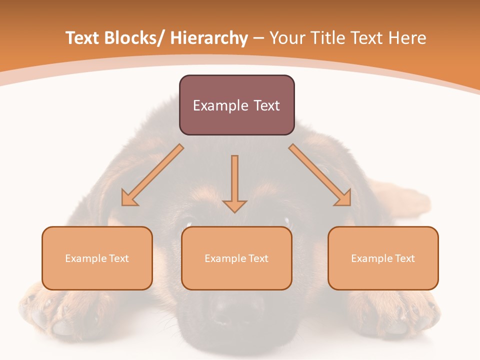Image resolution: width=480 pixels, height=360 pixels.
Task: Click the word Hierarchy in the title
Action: [x=209, y=38]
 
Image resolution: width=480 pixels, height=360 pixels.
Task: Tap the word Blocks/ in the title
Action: [x=132, y=38]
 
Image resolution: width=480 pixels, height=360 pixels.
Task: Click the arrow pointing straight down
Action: [x=234, y=182]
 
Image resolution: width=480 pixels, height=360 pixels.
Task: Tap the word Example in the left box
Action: [x=86, y=258]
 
